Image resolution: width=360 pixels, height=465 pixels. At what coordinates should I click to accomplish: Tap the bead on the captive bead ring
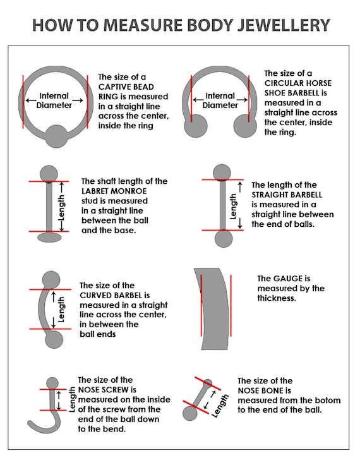point(56,136)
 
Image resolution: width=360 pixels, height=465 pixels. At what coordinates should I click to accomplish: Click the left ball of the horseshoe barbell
point(196,126)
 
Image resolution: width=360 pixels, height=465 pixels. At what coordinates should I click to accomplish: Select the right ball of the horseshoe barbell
point(245,126)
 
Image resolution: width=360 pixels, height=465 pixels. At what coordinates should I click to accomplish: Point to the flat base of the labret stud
point(49,237)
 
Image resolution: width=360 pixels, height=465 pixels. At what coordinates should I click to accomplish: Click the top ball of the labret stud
point(49,174)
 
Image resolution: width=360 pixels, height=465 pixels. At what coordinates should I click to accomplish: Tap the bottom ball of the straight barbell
point(224,238)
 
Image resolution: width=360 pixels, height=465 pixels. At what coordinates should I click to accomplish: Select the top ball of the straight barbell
point(222,172)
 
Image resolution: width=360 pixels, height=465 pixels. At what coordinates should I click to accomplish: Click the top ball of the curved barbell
point(51,280)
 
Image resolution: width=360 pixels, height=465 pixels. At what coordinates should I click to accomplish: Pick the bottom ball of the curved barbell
point(54,339)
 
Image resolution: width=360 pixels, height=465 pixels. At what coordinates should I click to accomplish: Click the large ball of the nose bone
point(189,413)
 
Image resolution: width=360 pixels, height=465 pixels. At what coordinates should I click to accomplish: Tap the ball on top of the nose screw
point(52,383)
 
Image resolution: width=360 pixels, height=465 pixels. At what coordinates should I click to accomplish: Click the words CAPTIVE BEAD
point(126,87)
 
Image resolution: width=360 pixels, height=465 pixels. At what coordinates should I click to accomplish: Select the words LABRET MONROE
point(114,191)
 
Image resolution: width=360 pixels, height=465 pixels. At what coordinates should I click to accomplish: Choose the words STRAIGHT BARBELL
point(287,195)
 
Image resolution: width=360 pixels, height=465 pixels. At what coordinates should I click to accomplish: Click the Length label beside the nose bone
point(220,406)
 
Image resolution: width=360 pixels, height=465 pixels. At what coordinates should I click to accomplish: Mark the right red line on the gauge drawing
point(231,306)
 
